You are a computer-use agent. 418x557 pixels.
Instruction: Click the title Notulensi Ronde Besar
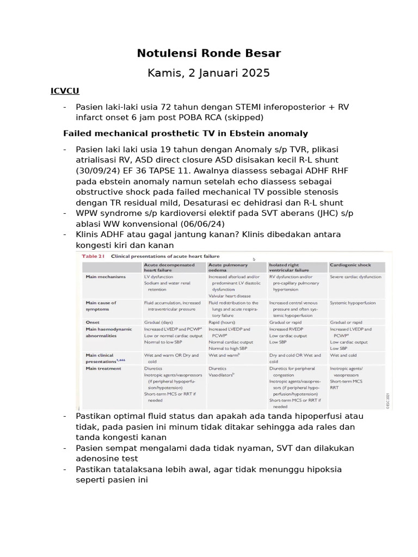point(208,53)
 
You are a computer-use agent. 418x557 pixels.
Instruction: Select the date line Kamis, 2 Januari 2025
point(208,73)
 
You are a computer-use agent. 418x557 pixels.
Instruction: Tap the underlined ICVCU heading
point(65,91)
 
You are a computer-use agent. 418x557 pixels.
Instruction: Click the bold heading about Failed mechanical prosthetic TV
point(185,133)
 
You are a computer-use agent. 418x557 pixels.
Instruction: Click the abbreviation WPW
point(88,213)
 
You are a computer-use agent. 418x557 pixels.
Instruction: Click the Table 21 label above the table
point(93,255)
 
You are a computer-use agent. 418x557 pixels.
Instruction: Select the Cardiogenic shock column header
point(350,265)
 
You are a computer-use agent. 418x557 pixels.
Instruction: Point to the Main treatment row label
point(103,368)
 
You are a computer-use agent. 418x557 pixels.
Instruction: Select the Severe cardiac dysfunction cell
point(355,276)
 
